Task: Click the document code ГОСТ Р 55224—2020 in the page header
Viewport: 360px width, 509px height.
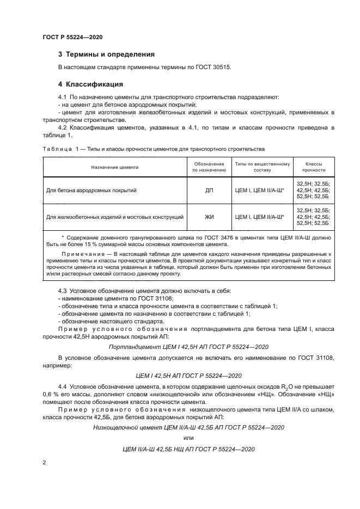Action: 72,37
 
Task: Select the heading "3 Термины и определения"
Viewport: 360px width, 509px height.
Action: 106,54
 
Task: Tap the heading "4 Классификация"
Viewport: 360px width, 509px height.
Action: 90,84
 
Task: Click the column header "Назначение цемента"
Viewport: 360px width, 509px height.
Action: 115,167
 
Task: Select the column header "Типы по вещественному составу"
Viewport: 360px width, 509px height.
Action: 262,167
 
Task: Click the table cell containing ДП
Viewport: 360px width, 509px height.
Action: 209,191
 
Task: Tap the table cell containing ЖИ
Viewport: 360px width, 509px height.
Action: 209,217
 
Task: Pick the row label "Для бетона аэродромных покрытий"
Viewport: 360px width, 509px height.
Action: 91,191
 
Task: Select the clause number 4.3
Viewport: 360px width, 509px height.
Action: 63,291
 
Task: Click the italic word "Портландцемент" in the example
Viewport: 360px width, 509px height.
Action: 133,346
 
